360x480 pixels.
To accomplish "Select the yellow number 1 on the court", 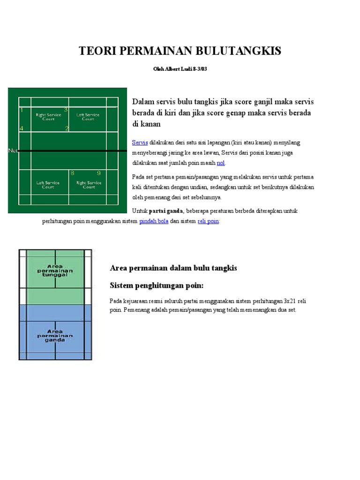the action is [x=22, y=110].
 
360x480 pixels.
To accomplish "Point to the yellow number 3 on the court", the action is [x=66, y=110].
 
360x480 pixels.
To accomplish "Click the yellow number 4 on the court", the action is [x=21, y=128].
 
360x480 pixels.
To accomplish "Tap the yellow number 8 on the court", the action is [x=72, y=173].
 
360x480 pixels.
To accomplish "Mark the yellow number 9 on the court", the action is [x=99, y=173].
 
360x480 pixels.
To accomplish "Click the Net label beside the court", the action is [x=13, y=150].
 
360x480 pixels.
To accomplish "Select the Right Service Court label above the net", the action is [x=48, y=116].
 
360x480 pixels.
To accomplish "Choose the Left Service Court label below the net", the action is [x=48, y=185].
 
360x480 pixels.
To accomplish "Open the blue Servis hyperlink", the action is [x=140, y=142].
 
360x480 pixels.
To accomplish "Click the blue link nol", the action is [x=221, y=163].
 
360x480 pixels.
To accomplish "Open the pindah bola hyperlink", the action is [x=154, y=221].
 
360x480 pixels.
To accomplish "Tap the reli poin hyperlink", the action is [x=208, y=221].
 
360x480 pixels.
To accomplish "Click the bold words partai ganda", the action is [x=166, y=211].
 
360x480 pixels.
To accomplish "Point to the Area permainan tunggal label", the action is [x=55, y=270].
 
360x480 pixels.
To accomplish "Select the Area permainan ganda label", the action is [x=55, y=336].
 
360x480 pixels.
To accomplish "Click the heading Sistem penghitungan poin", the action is [x=157, y=285].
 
